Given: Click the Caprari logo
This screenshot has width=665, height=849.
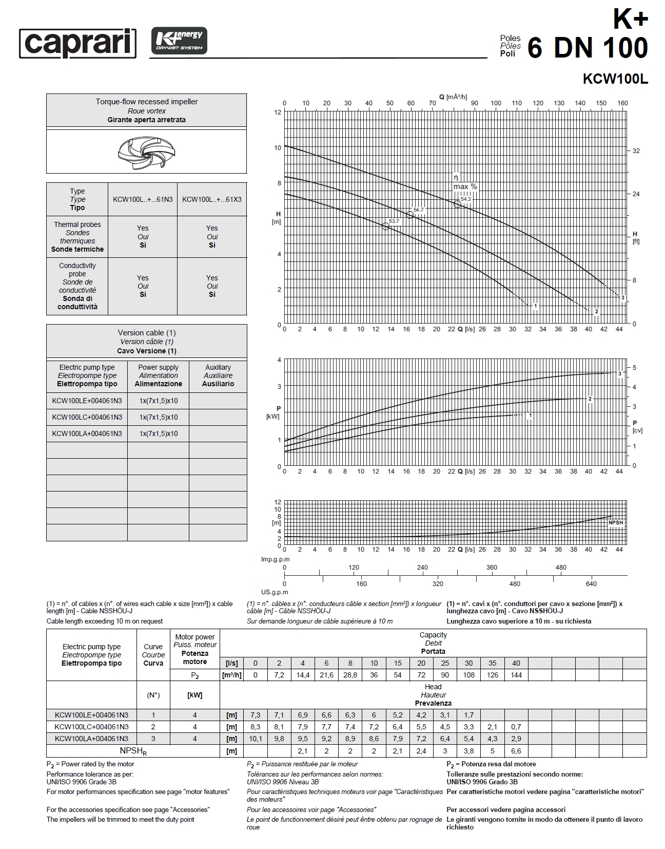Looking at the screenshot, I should click(x=77, y=43).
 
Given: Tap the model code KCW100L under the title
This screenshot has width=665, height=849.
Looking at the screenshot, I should click(x=615, y=80).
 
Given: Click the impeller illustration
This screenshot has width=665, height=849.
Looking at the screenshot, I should click(x=146, y=152).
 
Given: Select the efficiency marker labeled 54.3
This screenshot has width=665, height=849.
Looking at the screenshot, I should click(x=457, y=204).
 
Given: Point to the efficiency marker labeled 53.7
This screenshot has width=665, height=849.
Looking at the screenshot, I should click(x=386, y=226).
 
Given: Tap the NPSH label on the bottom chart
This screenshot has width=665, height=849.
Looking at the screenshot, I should click(x=615, y=523).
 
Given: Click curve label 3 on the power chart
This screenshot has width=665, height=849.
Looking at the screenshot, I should click(x=619, y=373).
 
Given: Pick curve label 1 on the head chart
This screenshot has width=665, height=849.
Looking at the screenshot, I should click(x=535, y=306).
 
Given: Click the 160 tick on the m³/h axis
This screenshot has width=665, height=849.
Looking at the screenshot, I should click(x=622, y=103).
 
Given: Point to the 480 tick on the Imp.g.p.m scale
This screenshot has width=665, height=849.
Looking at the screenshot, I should click(x=561, y=568).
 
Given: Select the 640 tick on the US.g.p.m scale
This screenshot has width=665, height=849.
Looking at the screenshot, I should click(x=591, y=584).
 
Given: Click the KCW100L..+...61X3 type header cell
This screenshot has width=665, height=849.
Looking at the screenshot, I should click(x=212, y=199).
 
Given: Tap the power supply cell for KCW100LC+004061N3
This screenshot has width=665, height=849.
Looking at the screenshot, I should click(x=159, y=417).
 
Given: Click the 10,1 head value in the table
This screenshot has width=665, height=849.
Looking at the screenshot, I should click(x=255, y=739).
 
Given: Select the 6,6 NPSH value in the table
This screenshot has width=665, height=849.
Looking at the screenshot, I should click(x=516, y=751).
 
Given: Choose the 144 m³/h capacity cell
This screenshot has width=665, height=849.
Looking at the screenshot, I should click(x=516, y=675).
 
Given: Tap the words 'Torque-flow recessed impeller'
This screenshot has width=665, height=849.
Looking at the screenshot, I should click(x=146, y=102).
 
